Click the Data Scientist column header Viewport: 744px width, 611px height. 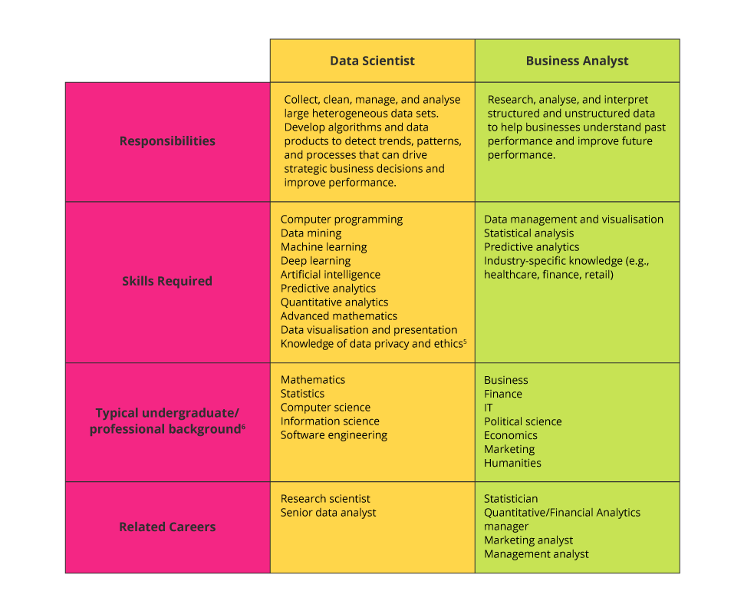click(x=372, y=61)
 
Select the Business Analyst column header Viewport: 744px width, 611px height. click(x=577, y=61)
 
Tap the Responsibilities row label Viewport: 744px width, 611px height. click(x=167, y=141)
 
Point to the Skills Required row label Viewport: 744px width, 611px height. click(x=167, y=281)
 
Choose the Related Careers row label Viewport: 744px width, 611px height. click(x=167, y=527)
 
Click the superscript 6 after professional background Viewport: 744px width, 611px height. click(x=243, y=427)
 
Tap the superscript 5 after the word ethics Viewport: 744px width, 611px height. click(x=465, y=342)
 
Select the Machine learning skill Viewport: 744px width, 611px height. click(x=324, y=247)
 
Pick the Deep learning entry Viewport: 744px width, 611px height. click(x=315, y=261)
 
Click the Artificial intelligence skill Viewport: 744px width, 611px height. click(x=331, y=274)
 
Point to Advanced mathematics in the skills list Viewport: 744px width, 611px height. click(x=339, y=315)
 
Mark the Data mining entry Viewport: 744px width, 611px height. click(x=311, y=233)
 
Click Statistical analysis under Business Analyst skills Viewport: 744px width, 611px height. click(x=528, y=233)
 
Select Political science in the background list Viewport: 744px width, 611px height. click(x=522, y=421)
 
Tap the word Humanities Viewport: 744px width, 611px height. click(x=512, y=463)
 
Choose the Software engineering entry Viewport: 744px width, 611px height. click(x=334, y=435)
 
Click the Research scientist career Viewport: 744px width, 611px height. click(x=325, y=498)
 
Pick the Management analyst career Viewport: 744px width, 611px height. click(x=536, y=554)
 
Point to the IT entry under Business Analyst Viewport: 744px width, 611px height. click(x=489, y=408)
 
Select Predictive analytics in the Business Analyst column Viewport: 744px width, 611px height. click(x=532, y=247)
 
